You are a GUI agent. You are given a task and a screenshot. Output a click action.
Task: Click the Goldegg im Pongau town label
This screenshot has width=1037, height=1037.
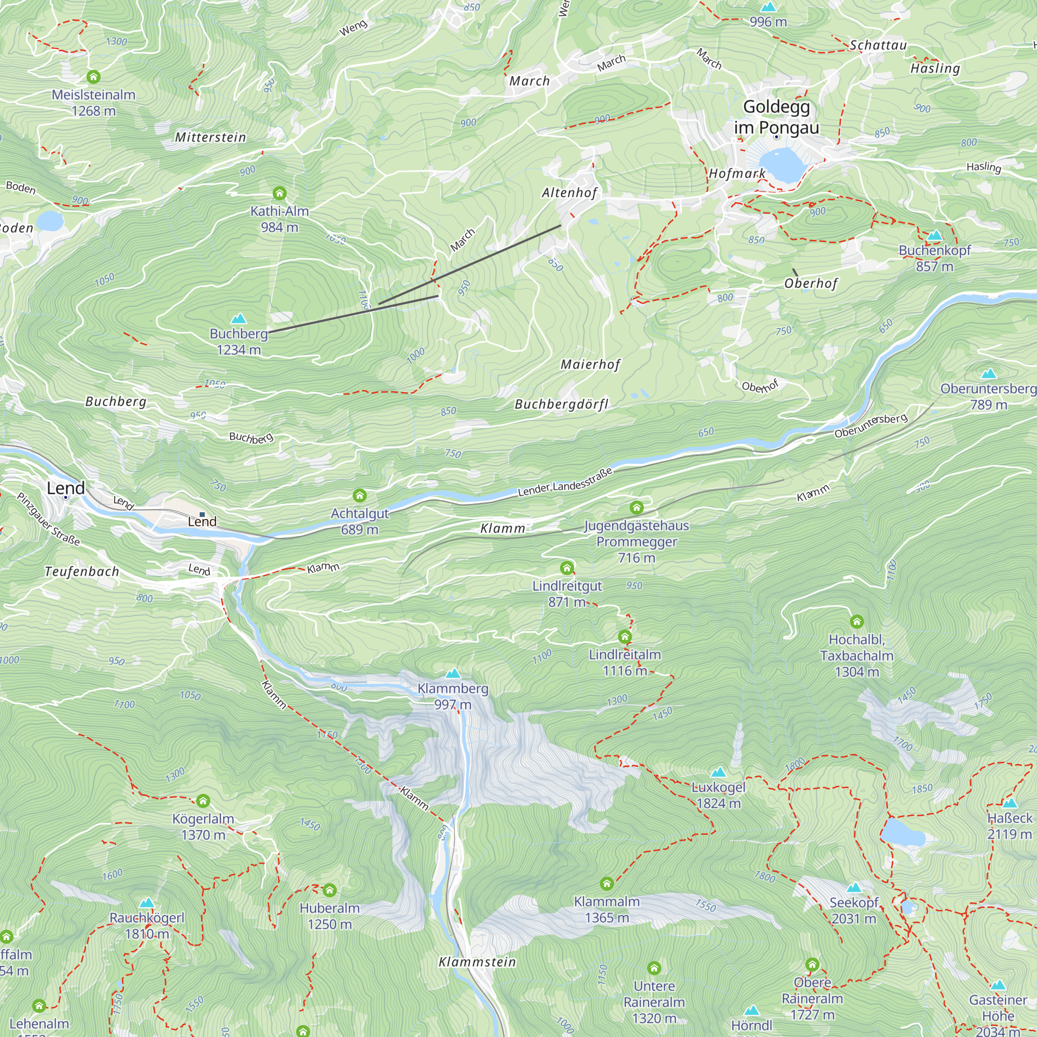[776, 117]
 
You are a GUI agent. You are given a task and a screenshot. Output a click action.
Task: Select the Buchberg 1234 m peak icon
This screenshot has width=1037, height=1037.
[239, 319]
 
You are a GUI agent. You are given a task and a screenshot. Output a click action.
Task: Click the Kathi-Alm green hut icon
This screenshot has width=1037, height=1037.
[279, 193]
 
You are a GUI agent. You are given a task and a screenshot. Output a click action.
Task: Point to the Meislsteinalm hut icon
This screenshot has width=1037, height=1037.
[93, 77]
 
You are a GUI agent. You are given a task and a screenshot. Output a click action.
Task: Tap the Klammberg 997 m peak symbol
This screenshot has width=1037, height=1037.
[453, 674]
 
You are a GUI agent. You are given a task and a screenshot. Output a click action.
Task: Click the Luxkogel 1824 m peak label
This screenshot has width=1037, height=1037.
[718, 795]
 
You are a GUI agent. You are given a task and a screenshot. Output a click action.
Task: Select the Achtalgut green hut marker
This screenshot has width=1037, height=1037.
[360, 495]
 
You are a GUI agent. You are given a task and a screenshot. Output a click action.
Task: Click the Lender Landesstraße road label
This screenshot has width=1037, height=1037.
[565, 483]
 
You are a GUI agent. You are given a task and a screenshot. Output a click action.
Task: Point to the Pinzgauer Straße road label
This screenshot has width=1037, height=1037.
[48, 519]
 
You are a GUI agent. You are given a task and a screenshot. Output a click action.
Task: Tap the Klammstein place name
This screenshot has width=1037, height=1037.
[477, 962]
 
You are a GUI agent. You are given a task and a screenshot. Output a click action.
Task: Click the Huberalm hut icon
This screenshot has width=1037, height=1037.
[330, 890]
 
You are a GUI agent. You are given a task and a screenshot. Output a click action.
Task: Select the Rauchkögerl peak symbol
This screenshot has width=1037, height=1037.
[147, 903]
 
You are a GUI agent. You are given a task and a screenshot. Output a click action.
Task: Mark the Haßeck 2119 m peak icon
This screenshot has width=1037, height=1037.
[1010, 804]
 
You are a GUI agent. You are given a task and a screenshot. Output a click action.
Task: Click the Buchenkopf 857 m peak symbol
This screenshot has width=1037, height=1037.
[934, 235]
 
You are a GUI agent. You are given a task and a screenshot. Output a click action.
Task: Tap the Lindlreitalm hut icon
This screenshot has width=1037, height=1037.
[624, 637]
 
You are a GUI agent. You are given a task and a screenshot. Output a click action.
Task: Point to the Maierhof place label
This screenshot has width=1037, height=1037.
[591, 365]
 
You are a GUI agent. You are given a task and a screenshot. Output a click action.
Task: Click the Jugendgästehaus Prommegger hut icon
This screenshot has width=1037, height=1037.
[637, 507]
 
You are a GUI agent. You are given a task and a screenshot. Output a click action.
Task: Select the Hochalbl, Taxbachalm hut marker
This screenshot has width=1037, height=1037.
[857, 622]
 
